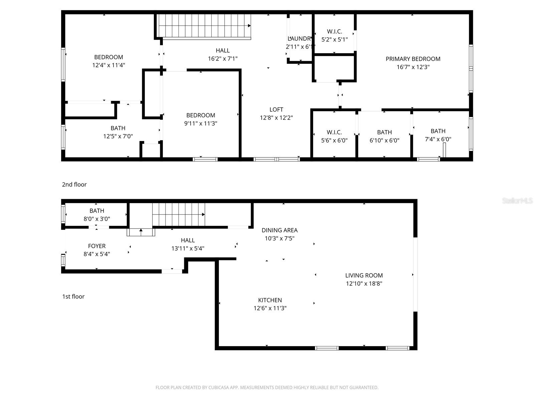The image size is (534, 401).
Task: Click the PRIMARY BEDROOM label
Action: [413, 59]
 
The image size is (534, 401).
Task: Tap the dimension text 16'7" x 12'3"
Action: [413, 67]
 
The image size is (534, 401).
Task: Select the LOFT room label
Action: [276, 110]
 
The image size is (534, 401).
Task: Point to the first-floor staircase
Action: [179, 215]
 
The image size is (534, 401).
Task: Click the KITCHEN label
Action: [270, 300]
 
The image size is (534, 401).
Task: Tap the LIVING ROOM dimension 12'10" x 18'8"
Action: [364, 283]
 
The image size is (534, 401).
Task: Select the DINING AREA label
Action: [279, 230]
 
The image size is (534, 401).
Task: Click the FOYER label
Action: [97, 246]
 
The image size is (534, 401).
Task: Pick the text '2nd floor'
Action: [74, 184]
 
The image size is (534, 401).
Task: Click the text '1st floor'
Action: [73, 296]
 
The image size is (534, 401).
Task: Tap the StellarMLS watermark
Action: [517, 201]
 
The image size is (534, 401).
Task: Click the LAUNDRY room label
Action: [299, 39]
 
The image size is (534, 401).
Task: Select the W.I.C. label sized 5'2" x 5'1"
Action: [334, 31]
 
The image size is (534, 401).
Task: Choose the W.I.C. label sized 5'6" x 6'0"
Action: [334, 132]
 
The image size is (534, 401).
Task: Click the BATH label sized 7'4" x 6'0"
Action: [438, 131]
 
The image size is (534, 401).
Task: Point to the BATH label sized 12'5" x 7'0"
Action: [118, 128]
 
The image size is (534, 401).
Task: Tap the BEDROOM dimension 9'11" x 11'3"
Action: [201, 123]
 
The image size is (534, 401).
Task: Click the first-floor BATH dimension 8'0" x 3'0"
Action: [97, 219]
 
